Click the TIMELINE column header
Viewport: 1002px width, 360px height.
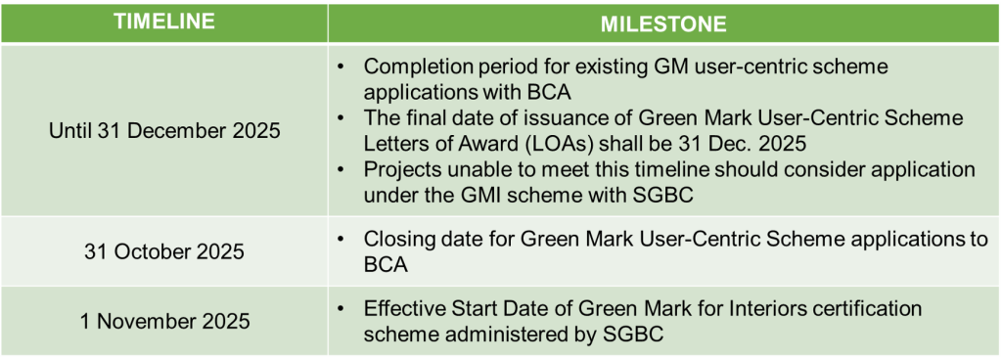[164, 22]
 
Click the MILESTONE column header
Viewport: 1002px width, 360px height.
[661, 22]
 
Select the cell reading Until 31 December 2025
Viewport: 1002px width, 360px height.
[164, 131]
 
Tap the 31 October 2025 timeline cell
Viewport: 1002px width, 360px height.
[164, 251]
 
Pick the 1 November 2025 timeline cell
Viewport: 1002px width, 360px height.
[164, 319]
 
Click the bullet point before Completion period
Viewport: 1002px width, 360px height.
[340, 68]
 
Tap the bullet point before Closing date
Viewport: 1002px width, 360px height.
[340, 239]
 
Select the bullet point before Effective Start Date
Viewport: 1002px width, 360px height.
[340, 307]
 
